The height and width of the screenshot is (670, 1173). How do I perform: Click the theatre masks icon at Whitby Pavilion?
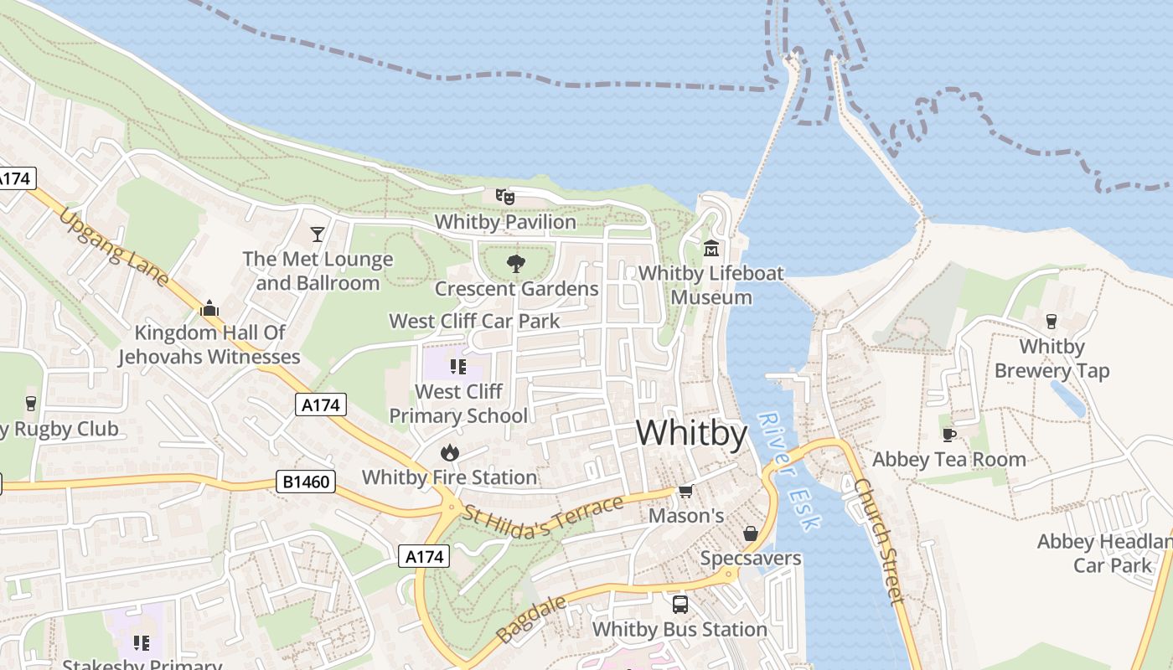(504, 197)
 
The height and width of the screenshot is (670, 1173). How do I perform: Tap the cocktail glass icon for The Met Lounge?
(318, 234)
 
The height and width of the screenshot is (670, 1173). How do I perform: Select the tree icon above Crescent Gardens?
(516, 264)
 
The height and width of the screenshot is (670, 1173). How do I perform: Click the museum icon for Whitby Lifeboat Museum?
(711, 249)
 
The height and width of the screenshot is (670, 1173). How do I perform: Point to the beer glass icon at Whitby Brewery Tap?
(1052, 322)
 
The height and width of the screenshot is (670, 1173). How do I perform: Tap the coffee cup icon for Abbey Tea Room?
(948, 435)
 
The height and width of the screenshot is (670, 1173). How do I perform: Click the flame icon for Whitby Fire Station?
(449, 453)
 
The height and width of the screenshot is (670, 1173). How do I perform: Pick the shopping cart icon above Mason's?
(686, 492)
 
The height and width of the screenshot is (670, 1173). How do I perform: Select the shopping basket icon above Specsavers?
(750, 533)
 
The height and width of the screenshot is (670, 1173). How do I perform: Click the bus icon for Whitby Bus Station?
(680, 604)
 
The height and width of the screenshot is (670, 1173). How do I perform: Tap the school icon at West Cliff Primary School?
(457, 366)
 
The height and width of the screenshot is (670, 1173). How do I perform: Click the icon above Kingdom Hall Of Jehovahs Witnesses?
(209, 308)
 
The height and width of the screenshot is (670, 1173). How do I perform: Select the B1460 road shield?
(306, 482)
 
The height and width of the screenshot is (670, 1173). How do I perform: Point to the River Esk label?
(788, 471)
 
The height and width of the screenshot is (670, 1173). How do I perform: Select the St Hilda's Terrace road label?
(544, 517)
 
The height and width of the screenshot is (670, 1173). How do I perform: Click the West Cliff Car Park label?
(474, 321)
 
